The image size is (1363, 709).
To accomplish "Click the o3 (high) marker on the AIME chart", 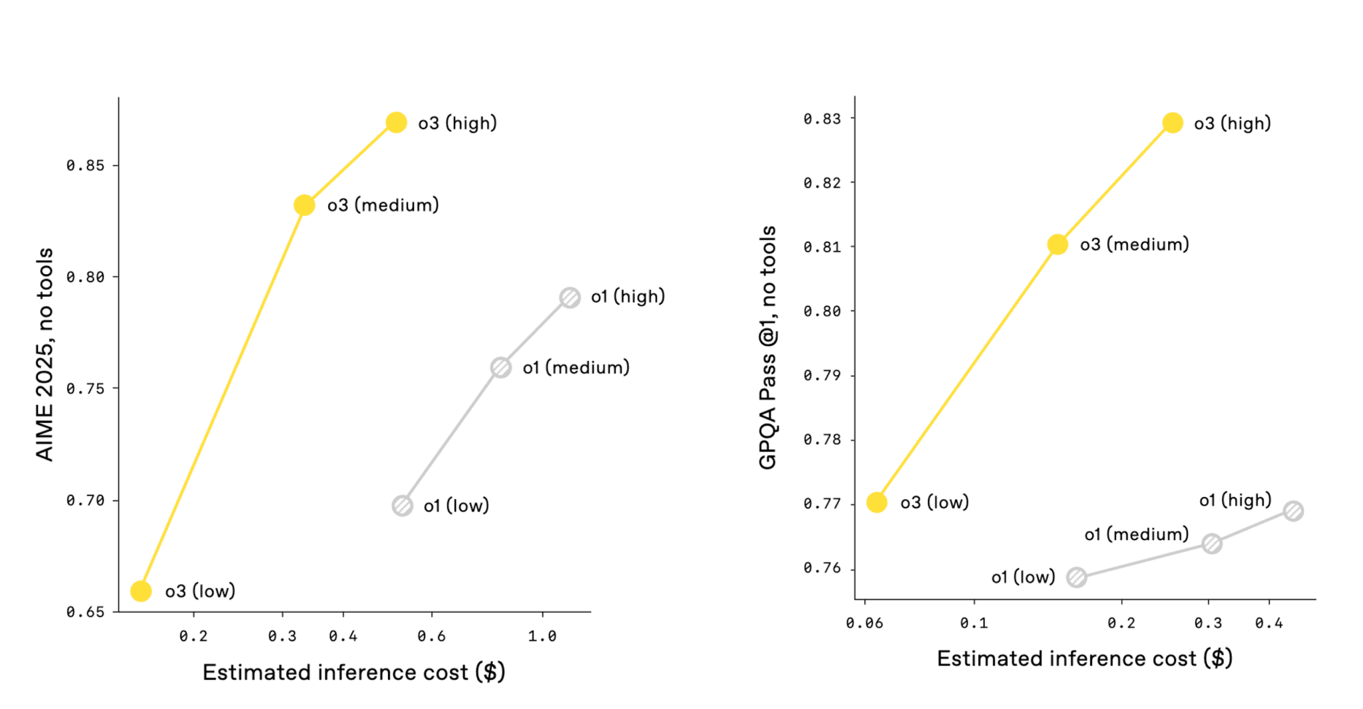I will [396, 122].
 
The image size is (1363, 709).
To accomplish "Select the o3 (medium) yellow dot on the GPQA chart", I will [1058, 245].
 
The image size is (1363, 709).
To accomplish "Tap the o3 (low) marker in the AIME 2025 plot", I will [140, 591].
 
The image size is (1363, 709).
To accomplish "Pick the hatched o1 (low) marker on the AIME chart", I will [402, 506].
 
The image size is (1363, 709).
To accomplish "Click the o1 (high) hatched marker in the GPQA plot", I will [1293, 511].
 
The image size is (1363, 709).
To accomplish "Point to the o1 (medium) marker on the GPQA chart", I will [1212, 543].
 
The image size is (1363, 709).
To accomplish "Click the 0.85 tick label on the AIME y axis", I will [85, 166].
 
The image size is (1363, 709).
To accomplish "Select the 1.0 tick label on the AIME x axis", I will [542, 637].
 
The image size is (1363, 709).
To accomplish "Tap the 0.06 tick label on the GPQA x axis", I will [864, 623].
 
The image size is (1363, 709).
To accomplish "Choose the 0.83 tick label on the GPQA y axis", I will [822, 119].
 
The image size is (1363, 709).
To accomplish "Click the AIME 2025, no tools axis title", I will [45, 354].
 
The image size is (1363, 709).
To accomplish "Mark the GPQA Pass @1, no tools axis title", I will [768, 347].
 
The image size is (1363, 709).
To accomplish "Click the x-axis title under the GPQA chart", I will [1084, 658].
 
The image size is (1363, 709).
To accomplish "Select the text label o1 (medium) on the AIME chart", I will [576, 368].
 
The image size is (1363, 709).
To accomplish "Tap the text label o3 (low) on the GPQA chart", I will [934, 503].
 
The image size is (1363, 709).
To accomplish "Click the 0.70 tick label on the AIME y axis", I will [85, 500].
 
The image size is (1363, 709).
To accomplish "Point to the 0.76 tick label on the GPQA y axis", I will [822, 568].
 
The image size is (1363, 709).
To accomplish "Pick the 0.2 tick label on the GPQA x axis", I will [1121, 623].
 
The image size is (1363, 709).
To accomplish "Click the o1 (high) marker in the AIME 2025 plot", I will [570, 297].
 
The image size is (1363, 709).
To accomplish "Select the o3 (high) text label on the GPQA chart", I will [1232, 124].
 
